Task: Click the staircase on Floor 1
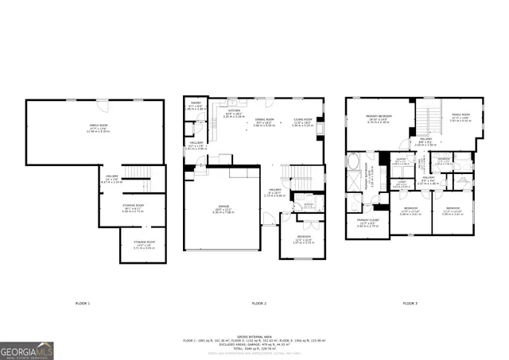[138, 173]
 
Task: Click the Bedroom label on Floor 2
[304, 241]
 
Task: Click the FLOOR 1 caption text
[82, 304]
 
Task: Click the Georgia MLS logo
[27, 350]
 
